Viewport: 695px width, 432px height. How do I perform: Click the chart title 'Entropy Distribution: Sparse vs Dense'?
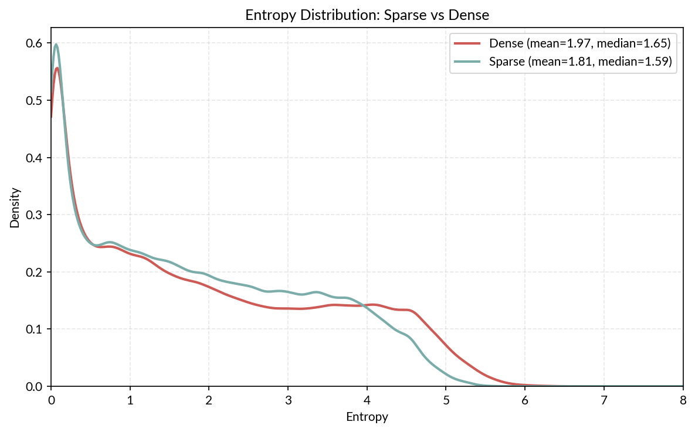pos(367,16)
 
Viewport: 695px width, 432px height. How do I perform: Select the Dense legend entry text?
pos(579,43)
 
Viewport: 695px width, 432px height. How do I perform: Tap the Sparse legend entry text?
pos(580,62)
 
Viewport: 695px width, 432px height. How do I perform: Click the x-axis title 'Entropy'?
pos(367,417)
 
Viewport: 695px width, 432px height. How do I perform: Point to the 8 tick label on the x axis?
pos(683,400)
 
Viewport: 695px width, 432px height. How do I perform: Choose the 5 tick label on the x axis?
pos(446,400)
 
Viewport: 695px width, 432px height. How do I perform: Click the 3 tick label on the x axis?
pos(288,400)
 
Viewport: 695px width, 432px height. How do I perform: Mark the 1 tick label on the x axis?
pos(130,400)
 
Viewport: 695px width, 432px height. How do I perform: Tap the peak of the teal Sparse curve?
pos(56,45)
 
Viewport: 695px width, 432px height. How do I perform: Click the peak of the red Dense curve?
pos(57,68)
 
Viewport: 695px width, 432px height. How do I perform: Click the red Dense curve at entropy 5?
pos(446,346)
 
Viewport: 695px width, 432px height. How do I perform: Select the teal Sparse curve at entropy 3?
pos(288,291)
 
